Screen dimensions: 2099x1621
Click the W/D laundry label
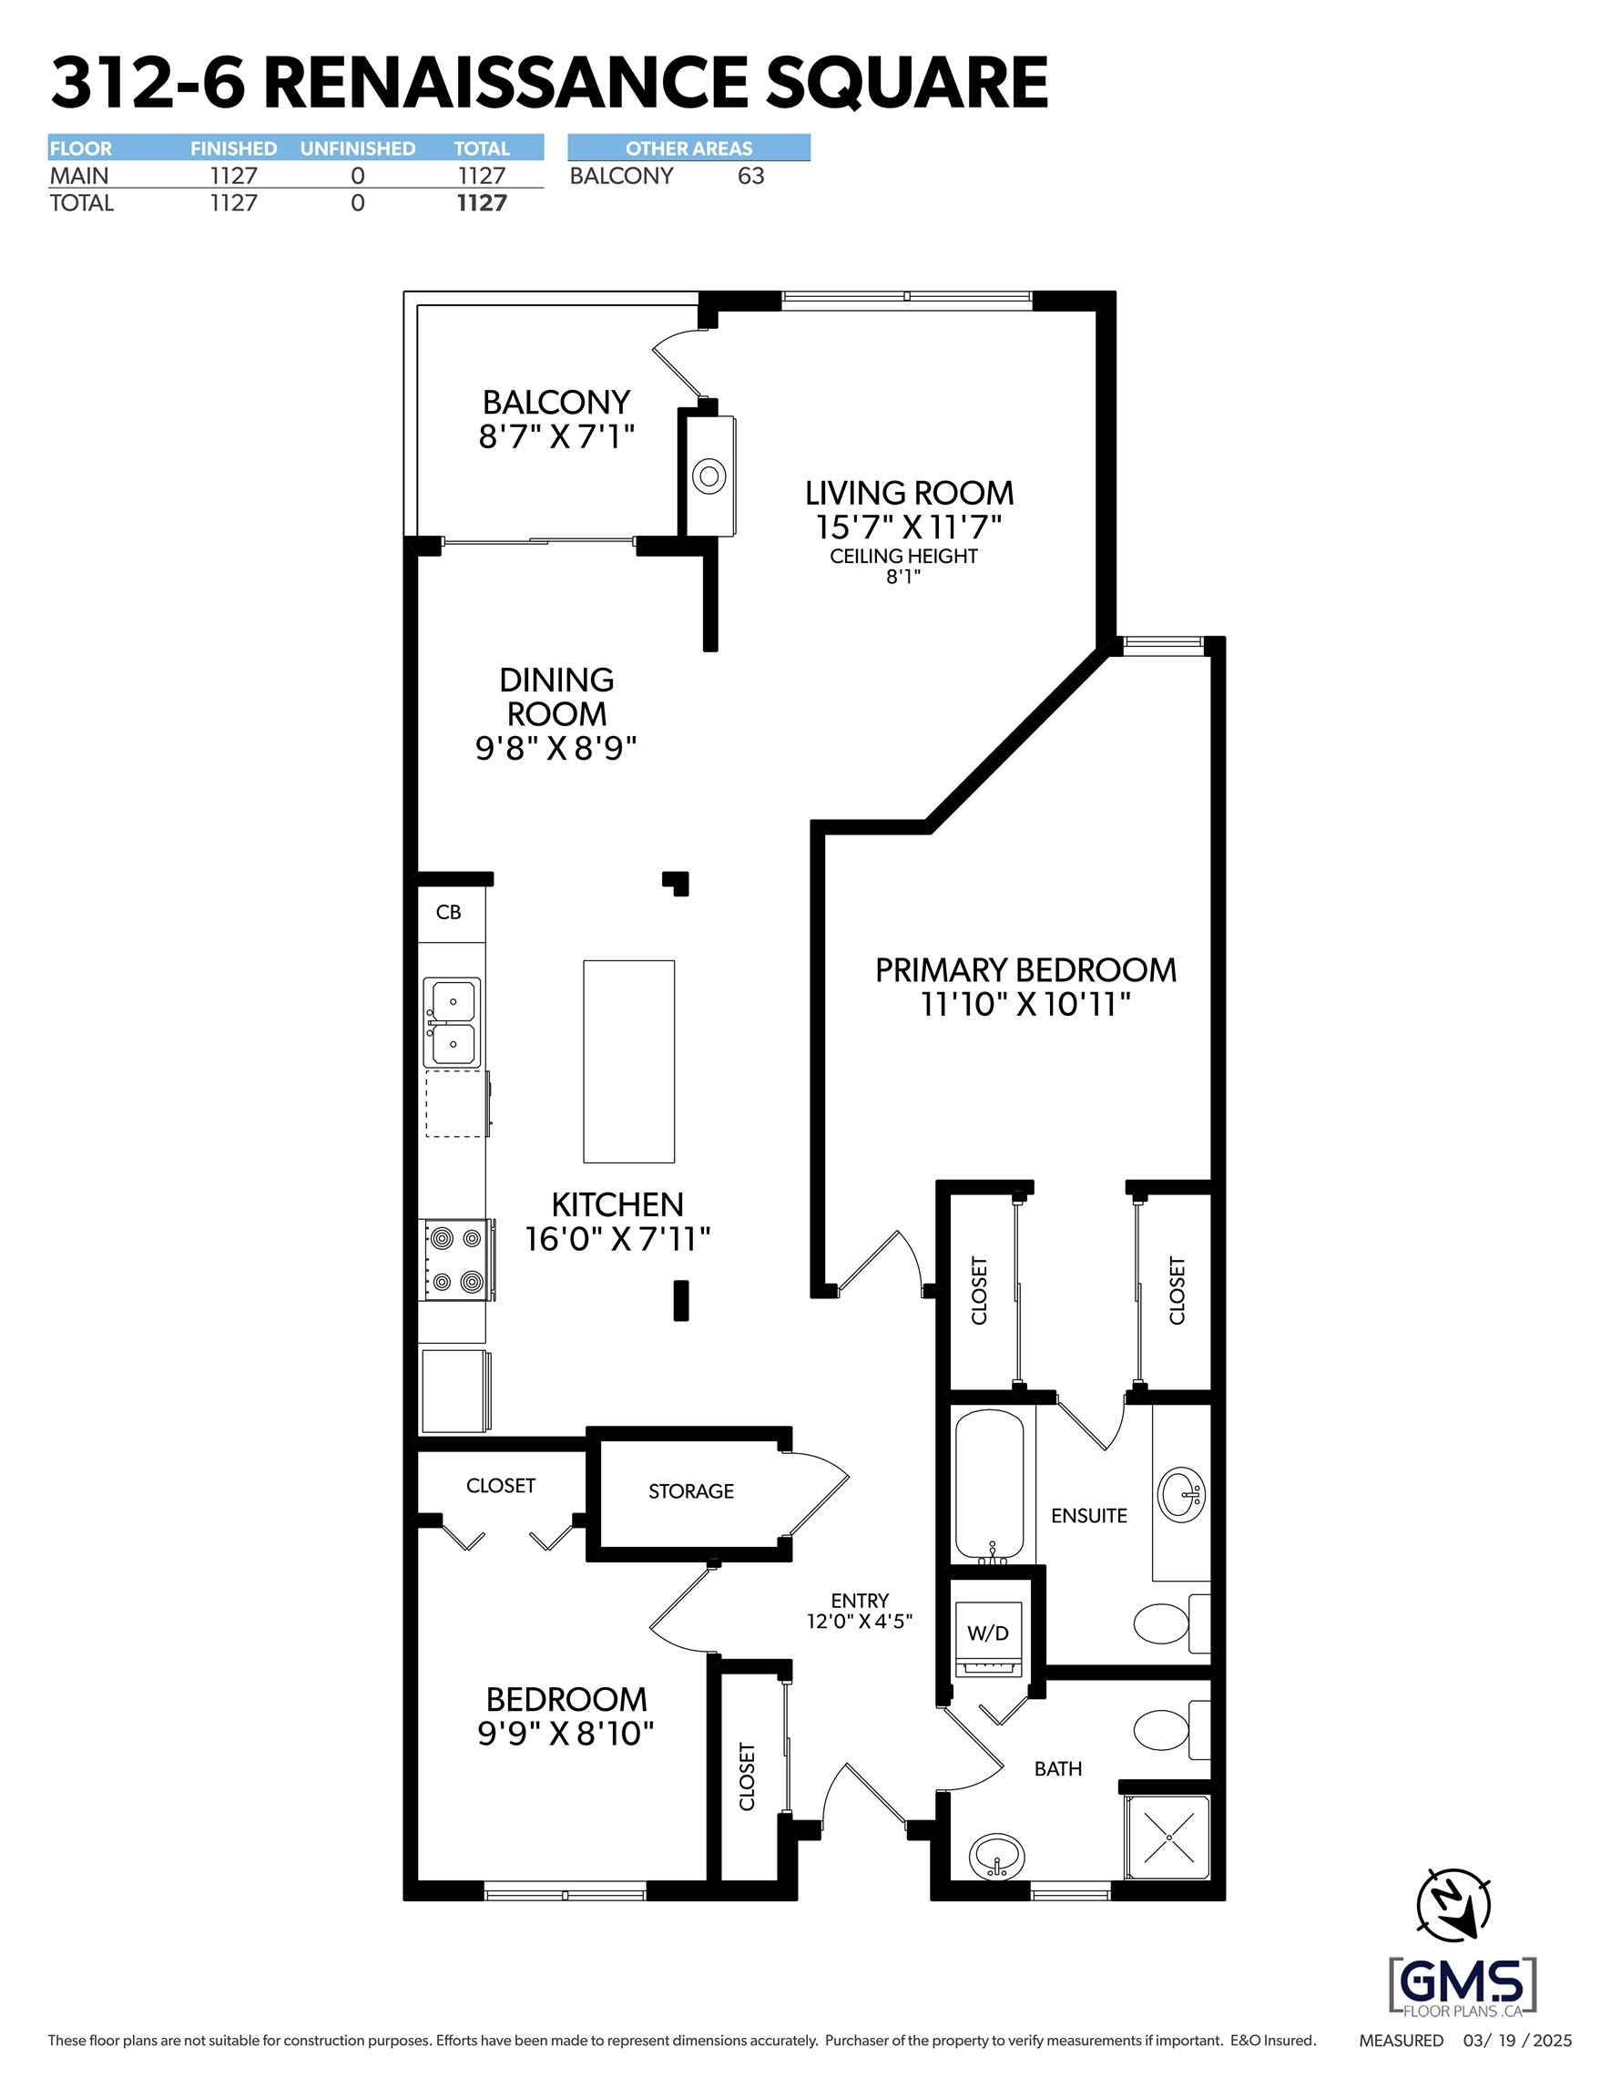[x=987, y=1633]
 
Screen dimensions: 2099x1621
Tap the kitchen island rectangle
[x=628, y=1061]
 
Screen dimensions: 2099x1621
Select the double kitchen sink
[x=452, y=1022]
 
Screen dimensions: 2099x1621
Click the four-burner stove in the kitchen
[x=456, y=1260]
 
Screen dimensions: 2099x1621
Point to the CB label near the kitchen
[x=449, y=912]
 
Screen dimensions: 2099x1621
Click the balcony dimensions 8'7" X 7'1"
[x=556, y=437]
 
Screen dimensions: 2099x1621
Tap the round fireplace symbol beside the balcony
[x=709, y=475]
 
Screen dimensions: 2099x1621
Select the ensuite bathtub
[x=989, y=1484]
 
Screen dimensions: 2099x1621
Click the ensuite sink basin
[x=1181, y=1494]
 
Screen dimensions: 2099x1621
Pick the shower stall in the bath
[x=1168, y=1837]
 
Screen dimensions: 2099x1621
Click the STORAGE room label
[x=691, y=1490]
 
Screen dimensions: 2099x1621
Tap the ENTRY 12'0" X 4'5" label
[x=859, y=1612]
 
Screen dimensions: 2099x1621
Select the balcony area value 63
[x=750, y=176]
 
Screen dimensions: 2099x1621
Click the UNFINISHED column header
[x=358, y=148]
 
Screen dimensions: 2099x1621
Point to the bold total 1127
[x=482, y=203]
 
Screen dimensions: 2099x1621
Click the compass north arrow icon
[x=1453, y=1904]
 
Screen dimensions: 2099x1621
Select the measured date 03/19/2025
[x=1517, y=2041]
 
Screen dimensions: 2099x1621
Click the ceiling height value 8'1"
[x=902, y=577]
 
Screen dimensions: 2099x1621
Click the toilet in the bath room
[x=1163, y=1730]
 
